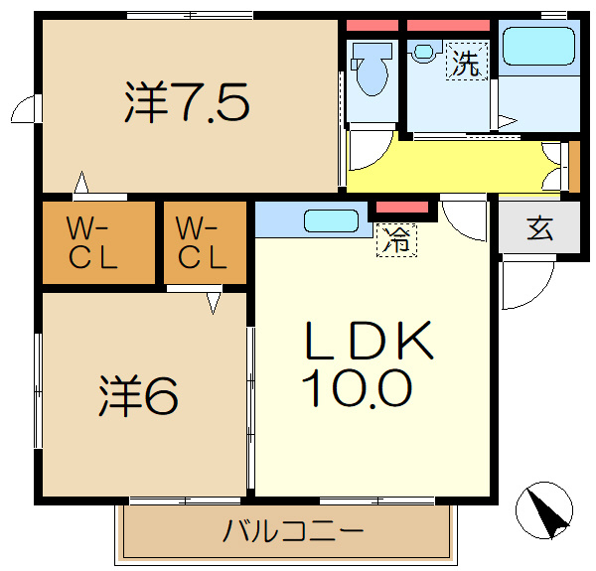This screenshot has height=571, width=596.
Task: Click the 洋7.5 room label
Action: point(187,102)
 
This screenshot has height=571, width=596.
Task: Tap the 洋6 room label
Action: point(138,396)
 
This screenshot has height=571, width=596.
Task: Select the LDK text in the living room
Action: point(369,340)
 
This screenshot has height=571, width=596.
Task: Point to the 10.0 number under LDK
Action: point(357,388)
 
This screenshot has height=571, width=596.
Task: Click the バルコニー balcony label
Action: point(293,530)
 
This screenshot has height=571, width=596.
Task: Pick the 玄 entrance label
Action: point(539,228)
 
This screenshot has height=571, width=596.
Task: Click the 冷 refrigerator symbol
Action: point(396,240)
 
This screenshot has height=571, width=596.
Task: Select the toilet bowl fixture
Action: point(372,69)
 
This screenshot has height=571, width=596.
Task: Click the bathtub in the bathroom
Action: point(538,47)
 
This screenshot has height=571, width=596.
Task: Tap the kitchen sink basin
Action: point(331,220)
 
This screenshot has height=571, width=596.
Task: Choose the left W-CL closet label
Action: point(92,242)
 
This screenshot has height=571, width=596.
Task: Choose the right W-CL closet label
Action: point(202,242)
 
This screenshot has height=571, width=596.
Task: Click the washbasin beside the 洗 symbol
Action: point(424,52)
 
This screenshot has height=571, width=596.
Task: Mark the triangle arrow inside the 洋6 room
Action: point(214,303)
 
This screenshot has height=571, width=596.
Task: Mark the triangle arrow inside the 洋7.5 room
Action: point(81,183)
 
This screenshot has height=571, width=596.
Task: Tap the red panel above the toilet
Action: point(372,26)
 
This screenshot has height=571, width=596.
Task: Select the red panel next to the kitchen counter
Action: point(402,208)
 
